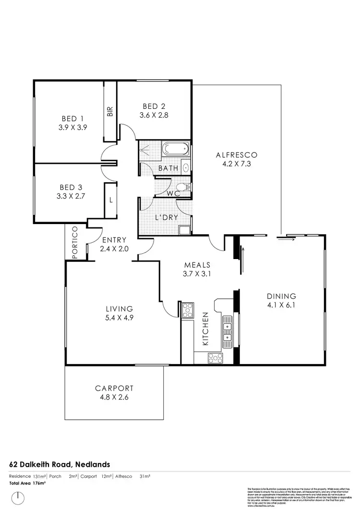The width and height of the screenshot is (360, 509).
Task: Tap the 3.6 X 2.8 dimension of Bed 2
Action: click(153, 115)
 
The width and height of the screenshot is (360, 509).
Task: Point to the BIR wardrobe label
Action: click(110, 112)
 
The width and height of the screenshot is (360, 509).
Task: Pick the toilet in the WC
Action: click(182, 187)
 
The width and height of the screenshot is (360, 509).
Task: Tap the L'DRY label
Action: click(166, 217)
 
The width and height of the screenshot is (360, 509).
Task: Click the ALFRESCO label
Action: click(237, 154)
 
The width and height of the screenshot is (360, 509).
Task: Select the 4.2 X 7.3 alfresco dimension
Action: click(237, 164)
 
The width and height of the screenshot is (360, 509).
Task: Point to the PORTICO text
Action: click(75, 244)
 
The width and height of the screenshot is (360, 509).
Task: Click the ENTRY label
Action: click(114, 240)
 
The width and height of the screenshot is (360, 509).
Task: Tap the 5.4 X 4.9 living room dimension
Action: click(119, 318)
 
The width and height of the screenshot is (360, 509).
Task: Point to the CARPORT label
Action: click(114, 388)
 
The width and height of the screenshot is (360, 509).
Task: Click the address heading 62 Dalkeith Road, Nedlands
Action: click(60, 464)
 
